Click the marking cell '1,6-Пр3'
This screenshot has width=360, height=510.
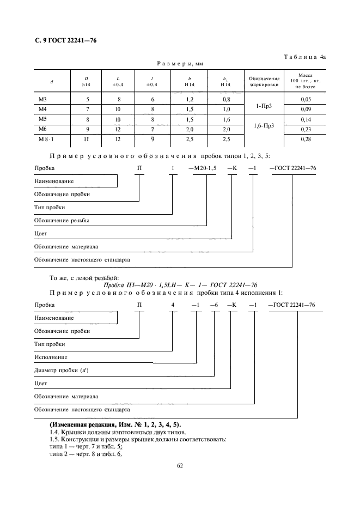(x=264, y=126)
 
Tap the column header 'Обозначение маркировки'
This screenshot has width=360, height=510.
(x=264, y=82)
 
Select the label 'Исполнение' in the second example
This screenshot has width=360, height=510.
(x=51, y=357)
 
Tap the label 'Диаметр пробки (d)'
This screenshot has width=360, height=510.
(x=61, y=371)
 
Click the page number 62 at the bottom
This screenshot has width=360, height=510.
(x=180, y=465)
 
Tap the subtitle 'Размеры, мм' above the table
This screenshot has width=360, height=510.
(x=180, y=64)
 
